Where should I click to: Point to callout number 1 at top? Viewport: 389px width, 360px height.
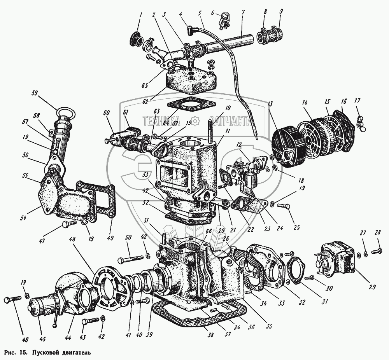coord(141,16)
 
